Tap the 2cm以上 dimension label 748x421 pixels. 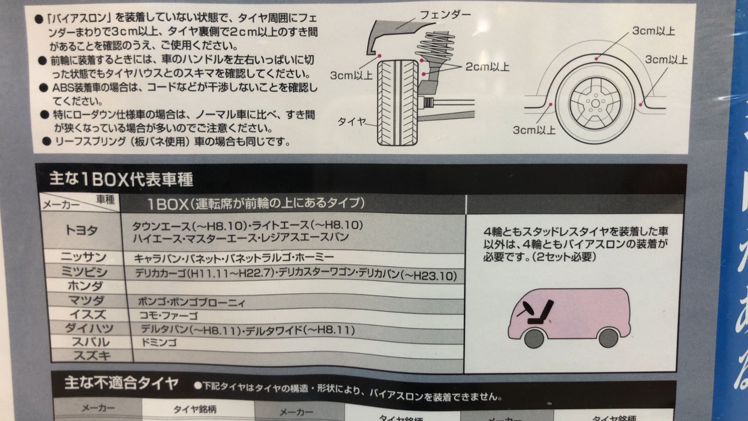(x=487, y=67)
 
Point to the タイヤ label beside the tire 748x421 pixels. (x=352, y=122)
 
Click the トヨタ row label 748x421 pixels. (x=82, y=230)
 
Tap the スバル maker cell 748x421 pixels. (x=91, y=342)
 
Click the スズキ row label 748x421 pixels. (x=92, y=356)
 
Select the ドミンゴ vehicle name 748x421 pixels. (x=159, y=343)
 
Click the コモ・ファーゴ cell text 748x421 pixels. (x=168, y=316)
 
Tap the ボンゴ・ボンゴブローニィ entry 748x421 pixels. (x=191, y=302)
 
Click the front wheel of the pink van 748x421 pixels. (x=534, y=338)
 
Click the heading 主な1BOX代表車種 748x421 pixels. (x=122, y=180)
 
